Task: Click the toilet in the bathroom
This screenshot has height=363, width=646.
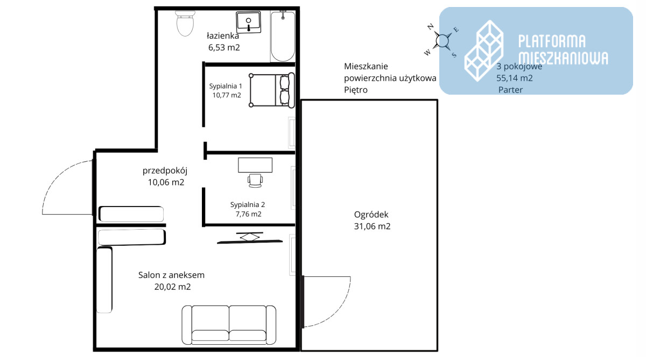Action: (x=185, y=23)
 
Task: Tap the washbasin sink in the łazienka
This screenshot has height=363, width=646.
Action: (x=248, y=22)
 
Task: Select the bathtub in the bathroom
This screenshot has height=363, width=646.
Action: (x=283, y=35)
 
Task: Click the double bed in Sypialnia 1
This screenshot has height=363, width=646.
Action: (x=272, y=90)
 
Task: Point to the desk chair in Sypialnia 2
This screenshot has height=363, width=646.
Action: (x=255, y=181)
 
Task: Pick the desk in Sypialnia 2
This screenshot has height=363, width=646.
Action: (x=255, y=165)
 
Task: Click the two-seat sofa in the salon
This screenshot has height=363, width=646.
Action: (x=229, y=325)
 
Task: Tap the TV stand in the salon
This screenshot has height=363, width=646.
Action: (x=250, y=238)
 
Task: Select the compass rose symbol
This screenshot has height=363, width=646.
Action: (x=442, y=41)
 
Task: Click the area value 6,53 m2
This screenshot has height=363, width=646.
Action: (x=224, y=47)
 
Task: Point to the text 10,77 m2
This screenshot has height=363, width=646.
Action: (x=227, y=95)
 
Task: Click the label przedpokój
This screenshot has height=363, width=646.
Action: (x=165, y=171)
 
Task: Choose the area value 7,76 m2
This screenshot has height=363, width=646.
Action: (x=249, y=214)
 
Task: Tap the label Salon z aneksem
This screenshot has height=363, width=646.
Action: (x=171, y=275)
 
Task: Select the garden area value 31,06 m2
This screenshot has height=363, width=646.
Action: (x=373, y=226)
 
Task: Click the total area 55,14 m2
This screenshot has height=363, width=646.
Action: (x=515, y=78)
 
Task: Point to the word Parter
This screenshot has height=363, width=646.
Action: (x=510, y=90)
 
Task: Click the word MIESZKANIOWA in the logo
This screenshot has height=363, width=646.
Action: (x=563, y=59)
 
